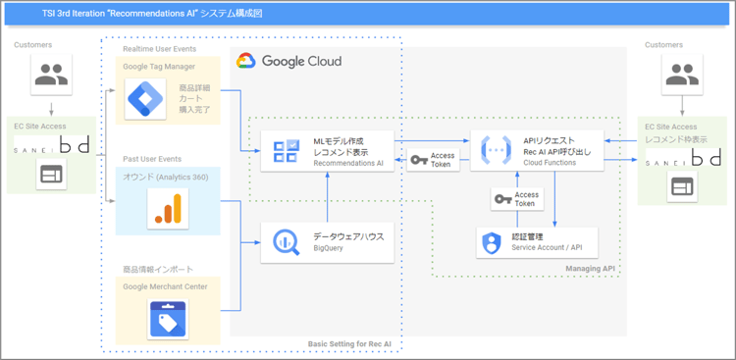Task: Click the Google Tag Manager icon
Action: click(x=149, y=98)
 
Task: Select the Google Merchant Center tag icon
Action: click(x=167, y=319)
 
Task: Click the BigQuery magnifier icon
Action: click(x=286, y=241)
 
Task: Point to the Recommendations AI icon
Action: click(x=286, y=151)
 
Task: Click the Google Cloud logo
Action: click(x=289, y=61)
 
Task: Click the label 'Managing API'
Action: click(x=593, y=268)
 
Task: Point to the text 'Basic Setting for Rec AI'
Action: click(x=350, y=344)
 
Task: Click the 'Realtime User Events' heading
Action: click(x=159, y=49)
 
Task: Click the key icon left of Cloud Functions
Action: click(x=418, y=160)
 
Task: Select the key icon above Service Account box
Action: click(x=501, y=199)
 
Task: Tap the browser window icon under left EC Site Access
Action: click(x=50, y=176)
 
